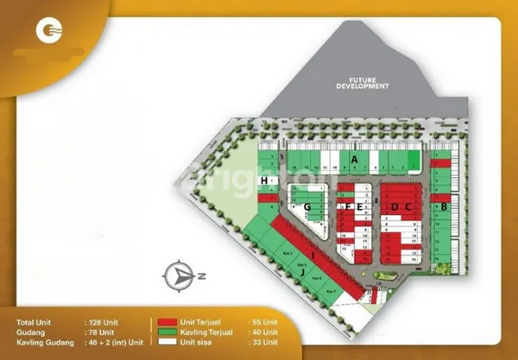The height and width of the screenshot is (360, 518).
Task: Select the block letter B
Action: [x=444, y=207]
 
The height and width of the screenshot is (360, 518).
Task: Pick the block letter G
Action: [x=306, y=207]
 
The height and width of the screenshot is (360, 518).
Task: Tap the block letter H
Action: [x=263, y=180]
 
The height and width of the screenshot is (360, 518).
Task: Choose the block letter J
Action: [x=302, y=275]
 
